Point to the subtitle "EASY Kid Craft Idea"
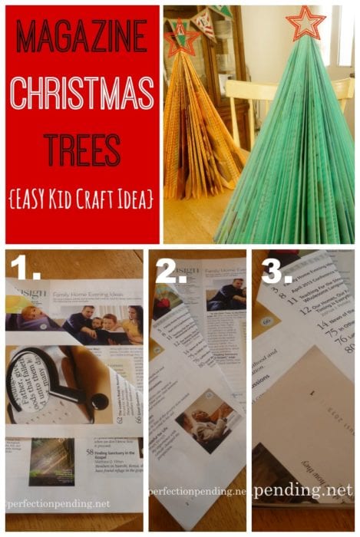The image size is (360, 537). click(x=82, y=199)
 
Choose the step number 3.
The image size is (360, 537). click(x=274, y=270)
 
